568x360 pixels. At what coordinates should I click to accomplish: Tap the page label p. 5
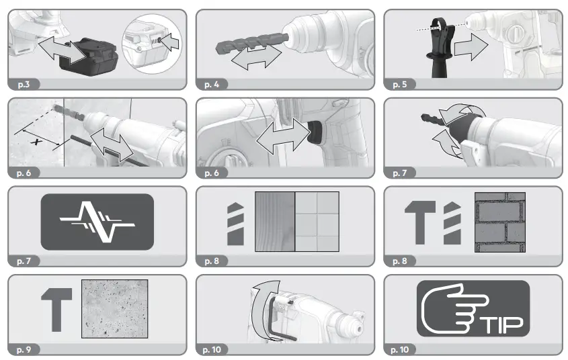[x=403, y=85]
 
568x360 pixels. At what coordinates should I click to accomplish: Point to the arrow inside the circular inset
[x=169, y=43]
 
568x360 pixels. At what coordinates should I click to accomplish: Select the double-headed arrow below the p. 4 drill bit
[x=254, y=57]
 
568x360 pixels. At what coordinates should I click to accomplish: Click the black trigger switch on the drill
[x=313, y=132]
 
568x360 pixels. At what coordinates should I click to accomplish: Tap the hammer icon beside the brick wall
[x=416, y=222]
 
